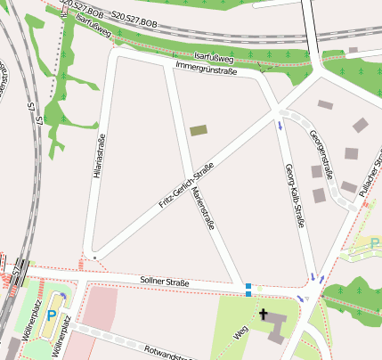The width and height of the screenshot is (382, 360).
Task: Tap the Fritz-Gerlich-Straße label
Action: point(186,185)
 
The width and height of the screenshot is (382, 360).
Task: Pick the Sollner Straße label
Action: point(165,282)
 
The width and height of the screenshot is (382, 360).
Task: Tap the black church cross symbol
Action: point(264,314)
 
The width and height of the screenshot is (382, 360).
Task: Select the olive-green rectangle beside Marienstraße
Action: point(199,130)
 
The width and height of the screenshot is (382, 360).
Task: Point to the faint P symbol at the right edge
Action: point(375,241)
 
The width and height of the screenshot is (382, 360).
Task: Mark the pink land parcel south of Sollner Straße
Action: point(101,306)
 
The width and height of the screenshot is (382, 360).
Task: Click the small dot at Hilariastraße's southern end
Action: point(94,257)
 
